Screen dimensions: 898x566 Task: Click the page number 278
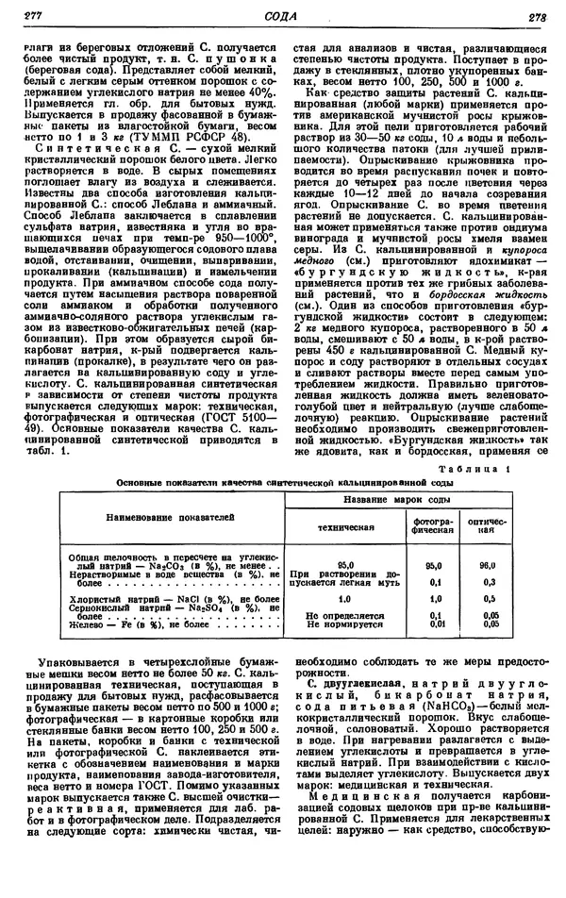pos(538,14)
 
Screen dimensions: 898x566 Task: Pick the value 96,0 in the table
pos(487,563)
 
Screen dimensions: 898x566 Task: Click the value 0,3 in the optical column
pos(487,582)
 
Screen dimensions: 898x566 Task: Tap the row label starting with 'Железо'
pos(85,624)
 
